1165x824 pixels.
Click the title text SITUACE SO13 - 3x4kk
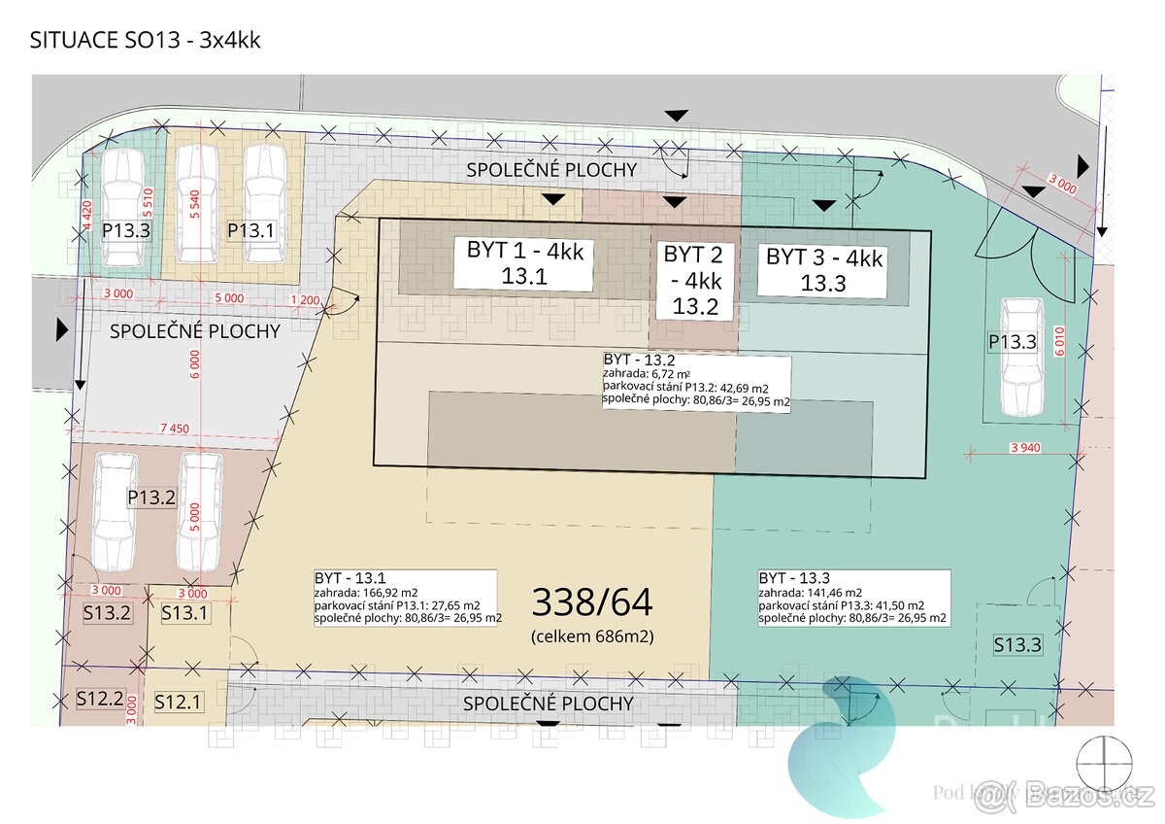146,41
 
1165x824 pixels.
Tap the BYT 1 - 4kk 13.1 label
525,263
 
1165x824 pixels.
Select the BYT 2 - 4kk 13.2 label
692,281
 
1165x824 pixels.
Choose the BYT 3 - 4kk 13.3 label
824,269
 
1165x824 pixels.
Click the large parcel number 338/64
592,602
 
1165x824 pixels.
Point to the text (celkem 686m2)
592,637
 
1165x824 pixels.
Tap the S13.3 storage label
1017,643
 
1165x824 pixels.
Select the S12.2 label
101,698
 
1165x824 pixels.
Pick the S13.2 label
107,613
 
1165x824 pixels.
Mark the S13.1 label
184,613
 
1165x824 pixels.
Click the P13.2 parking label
151,498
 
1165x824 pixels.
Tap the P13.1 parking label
250,230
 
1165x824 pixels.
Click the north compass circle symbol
1104,761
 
